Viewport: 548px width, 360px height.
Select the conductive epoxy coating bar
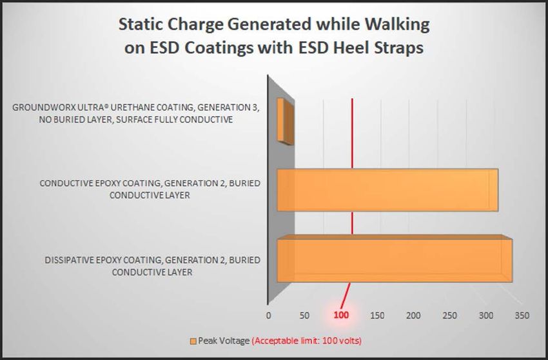click(x=387, y=190)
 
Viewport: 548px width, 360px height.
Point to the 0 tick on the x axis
click(x=268, y=315)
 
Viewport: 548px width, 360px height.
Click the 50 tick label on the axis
click(x=304, y=315)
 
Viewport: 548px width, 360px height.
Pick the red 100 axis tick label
click(x=341, y=315)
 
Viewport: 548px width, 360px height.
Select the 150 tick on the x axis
click(x=377, y=315)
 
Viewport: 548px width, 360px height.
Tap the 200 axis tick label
click(x=413, y=315)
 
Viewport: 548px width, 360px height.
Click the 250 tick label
click(x=450, y=315)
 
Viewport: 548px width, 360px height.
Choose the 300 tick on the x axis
click(x=486, y=315)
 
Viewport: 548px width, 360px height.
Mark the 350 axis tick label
click(x=522, y=315)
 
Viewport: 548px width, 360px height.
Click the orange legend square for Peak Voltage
click(x=193, y=341)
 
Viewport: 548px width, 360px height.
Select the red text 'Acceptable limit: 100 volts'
click(x=307, y=341)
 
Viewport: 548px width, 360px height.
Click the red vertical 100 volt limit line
click(x=351, y=203)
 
